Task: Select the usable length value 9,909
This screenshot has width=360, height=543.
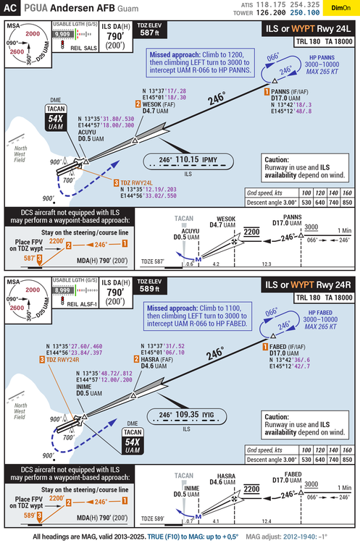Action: click(x=63, y=34)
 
